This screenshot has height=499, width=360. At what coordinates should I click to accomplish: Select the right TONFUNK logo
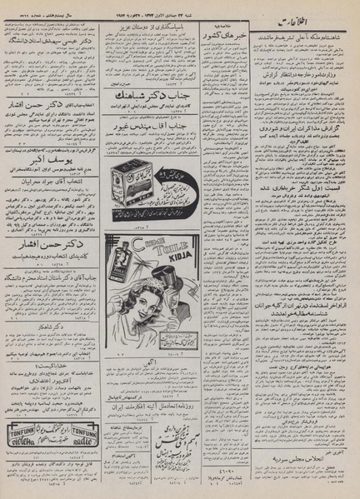81,432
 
